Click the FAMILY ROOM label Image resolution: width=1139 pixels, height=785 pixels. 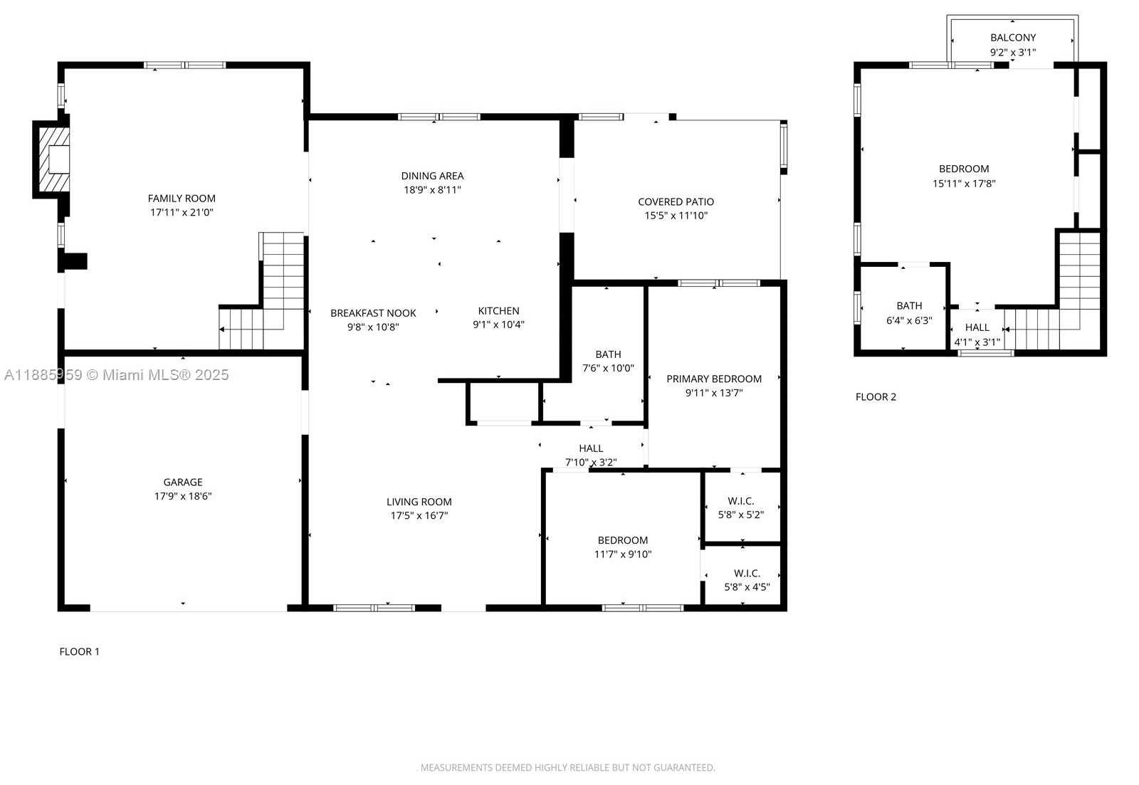(x=182, y=199)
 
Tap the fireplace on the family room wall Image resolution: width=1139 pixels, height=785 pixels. (x=51, y=159)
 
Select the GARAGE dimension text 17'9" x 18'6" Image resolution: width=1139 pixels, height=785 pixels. (x=183, y=496)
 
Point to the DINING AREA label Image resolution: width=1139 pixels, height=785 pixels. (x=432, y=176)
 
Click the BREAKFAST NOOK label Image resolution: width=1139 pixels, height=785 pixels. (x=373, y=313)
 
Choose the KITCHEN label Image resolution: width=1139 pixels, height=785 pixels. (x=498, y=310)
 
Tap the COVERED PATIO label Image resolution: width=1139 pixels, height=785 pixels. (x=676, y=202)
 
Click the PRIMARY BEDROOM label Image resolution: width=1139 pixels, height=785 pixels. (x=714, y=379)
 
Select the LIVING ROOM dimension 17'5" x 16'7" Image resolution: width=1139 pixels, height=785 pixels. (x=419, y=515)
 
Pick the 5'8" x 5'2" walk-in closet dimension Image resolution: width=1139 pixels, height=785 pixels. (x=741, y=515)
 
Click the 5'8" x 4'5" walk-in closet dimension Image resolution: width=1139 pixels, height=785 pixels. (x=747, y=586)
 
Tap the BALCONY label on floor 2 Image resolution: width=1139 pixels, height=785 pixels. (x=1013, y=38)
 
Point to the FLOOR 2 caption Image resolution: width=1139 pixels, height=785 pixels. (x=876, y=397)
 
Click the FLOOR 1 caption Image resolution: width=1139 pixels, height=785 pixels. (x=79, y=652)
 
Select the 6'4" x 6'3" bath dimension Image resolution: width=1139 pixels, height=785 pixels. (x=909, y=320)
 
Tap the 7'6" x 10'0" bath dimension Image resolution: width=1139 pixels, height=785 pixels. (x=608, y=368)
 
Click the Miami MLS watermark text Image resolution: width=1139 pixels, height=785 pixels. (x=117, y=374)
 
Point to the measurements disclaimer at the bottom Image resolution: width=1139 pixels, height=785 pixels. (x=567, y=768)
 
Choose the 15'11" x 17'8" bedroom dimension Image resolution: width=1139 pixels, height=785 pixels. (x=964, y=184)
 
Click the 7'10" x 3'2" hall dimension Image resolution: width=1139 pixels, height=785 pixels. (x=591, y=462)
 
